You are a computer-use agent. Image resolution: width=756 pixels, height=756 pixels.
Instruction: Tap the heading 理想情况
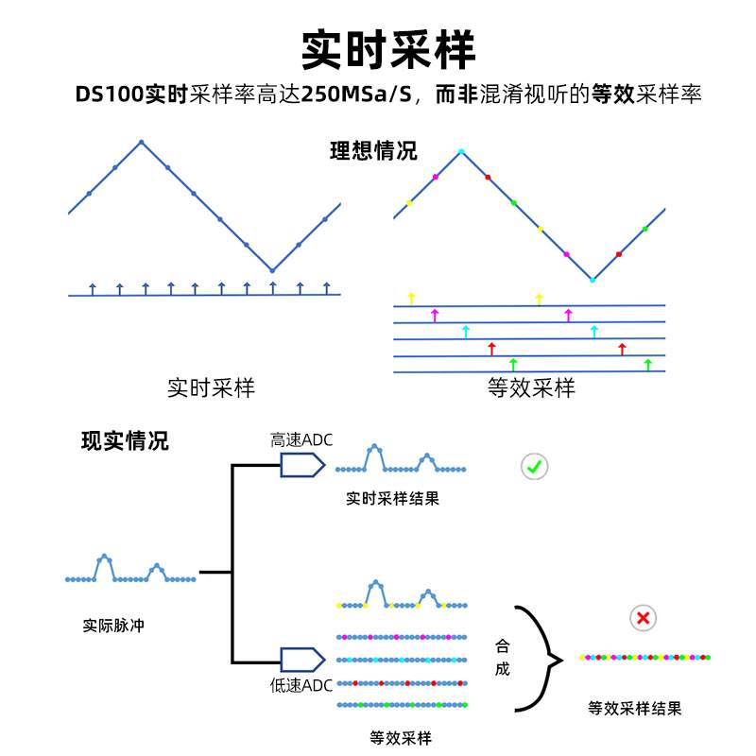[373, 151]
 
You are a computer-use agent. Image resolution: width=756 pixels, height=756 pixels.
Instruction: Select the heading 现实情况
[125, 440]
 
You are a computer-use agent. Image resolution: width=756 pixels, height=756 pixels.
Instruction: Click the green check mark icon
[535, 466]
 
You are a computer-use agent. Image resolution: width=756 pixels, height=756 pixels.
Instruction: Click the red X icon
[644, 618]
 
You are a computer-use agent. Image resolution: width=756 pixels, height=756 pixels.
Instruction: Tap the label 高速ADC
[301, 440]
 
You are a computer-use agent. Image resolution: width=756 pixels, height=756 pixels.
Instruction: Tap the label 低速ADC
[301, 685]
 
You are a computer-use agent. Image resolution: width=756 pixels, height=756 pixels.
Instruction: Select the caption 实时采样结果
[392, 498]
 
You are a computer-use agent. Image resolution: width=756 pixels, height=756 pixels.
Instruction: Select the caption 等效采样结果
[634, 708]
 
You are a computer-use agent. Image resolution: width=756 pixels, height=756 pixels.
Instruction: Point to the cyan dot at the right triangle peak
[461, 151]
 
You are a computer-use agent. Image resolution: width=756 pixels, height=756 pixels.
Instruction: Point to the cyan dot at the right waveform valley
[592, 280]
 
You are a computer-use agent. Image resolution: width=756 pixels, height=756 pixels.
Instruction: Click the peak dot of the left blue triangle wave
[141, 143]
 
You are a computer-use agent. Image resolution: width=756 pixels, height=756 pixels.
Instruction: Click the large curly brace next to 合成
[537, 659]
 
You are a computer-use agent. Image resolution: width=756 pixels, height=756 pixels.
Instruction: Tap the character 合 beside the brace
[502, 646]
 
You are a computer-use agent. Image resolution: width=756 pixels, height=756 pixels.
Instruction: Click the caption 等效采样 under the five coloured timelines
[401, 738]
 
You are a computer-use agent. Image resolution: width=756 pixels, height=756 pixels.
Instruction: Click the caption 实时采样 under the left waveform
[211, 387]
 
